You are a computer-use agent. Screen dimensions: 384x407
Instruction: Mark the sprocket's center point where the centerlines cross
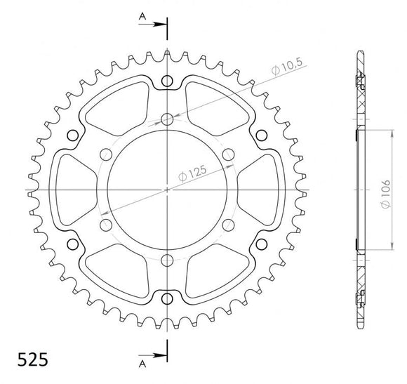167,190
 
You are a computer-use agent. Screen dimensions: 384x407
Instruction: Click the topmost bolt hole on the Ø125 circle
167,118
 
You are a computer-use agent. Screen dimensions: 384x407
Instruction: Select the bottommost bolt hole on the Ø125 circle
167,260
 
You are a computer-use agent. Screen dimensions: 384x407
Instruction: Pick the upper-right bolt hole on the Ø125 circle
228,154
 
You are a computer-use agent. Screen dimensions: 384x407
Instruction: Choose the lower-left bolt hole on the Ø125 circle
106,225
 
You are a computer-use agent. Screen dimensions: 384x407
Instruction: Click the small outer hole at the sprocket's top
167,82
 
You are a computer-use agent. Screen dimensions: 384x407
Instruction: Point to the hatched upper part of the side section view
360,98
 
